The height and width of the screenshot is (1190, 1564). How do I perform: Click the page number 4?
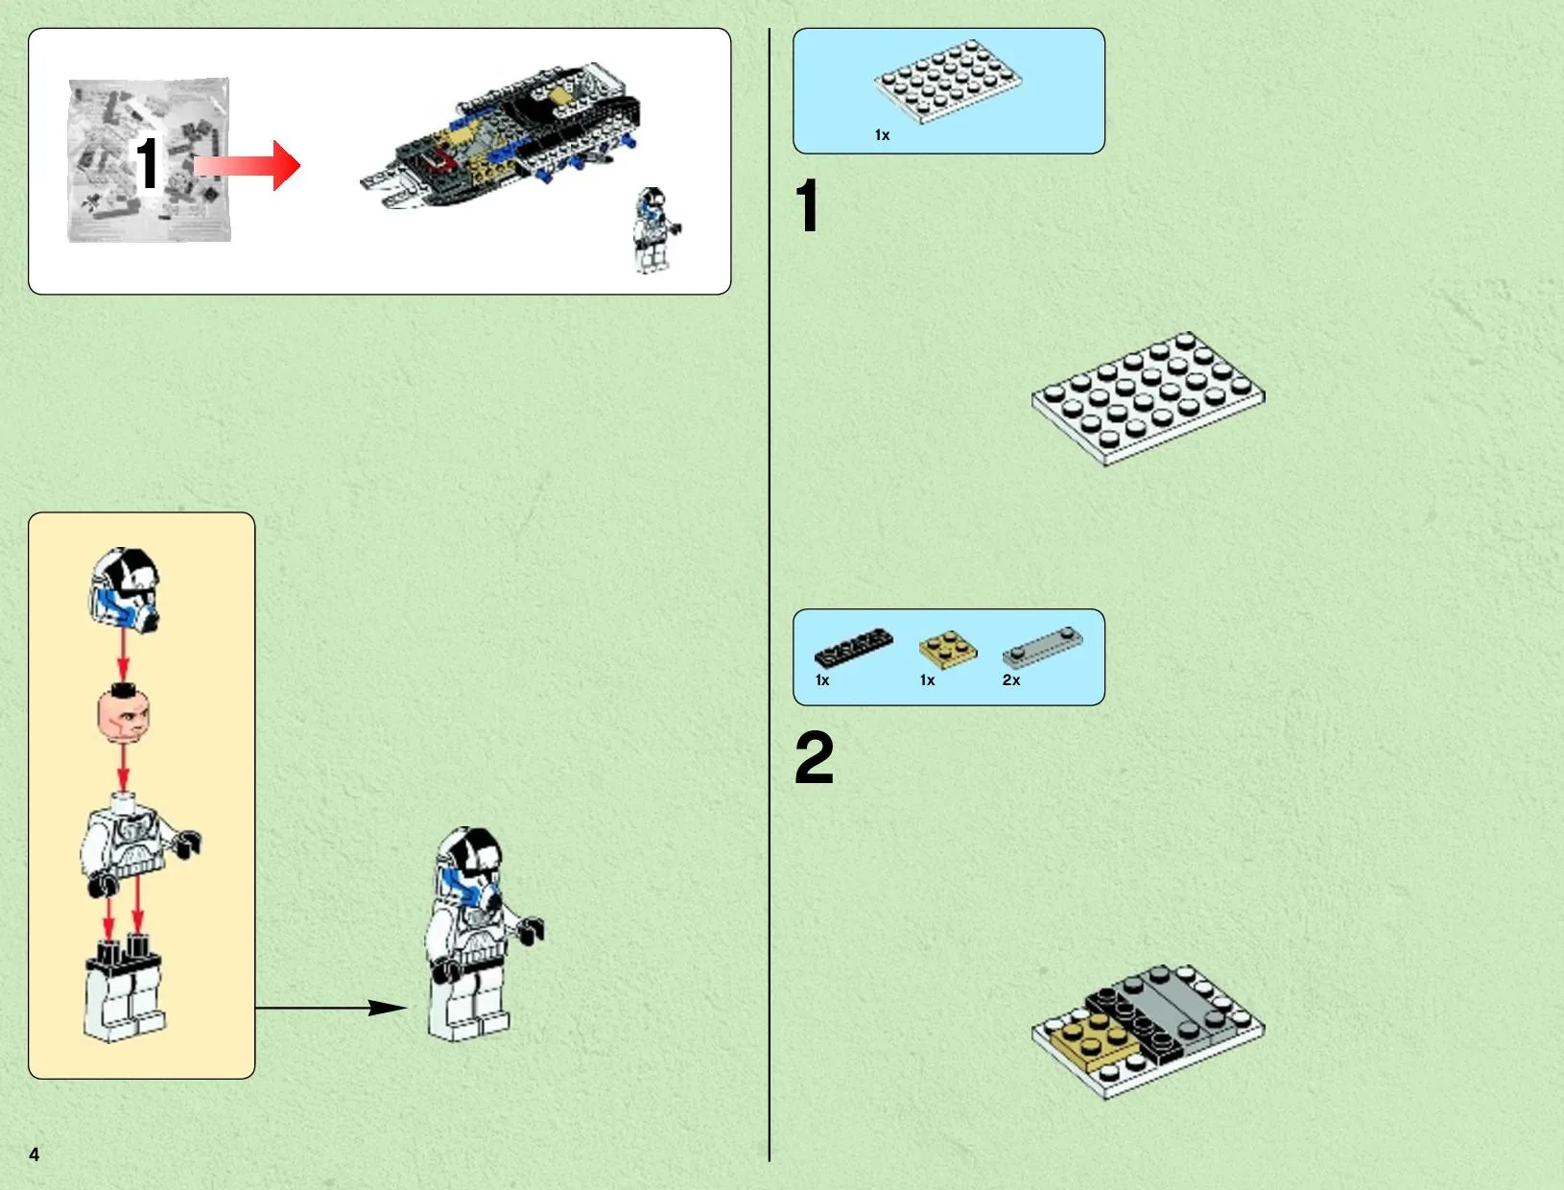coord(35,1154)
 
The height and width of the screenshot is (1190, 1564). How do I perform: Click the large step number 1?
coord(807,205)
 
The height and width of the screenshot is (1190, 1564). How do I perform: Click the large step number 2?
coord(814,757)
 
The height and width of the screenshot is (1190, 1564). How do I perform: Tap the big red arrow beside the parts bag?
coord(247,165)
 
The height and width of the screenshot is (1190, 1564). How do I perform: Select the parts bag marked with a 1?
coord(149,160)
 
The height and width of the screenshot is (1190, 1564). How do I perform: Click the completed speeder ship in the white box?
coord(501,135)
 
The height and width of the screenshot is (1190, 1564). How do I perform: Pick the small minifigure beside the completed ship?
coord(655,230)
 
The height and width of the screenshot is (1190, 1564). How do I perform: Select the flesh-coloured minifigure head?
coord(123,713)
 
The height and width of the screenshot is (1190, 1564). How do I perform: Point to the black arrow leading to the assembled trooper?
coord(331,1008)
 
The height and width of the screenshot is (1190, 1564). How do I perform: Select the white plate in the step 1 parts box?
coord(948,82)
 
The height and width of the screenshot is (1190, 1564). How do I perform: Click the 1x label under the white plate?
coord(882,135)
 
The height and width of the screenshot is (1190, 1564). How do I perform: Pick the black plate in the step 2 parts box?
coord(854,647)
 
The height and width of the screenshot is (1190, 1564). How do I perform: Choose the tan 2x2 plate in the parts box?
coord(948,650)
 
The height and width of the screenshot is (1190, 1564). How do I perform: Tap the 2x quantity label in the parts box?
coord(1011,680)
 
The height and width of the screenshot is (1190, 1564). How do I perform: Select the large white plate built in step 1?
coord(1148,398)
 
